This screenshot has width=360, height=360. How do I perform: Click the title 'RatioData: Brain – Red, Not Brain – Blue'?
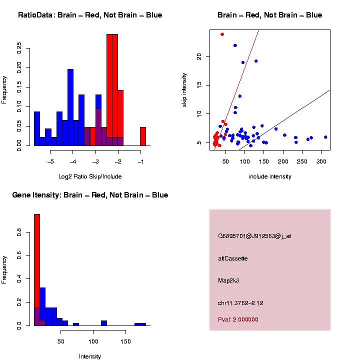click(x=90, y=15)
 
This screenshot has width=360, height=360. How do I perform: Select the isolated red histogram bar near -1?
click(x=143, y=136)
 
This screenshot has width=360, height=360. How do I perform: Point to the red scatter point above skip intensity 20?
click(x=222, y=34)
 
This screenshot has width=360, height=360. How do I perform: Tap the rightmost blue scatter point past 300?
click(x=325, y=137)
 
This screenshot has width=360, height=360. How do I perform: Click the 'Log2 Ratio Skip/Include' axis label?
click(x=90, y=176)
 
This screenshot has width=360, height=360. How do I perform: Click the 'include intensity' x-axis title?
click(x=270, y=176)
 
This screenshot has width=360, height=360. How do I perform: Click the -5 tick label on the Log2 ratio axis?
click(x=50, y=161)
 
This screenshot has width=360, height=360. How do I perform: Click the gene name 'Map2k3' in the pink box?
click(x=228, y=280)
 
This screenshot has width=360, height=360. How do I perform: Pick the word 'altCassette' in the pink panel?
click(x=232, y=258)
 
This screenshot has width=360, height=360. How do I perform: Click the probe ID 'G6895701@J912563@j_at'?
click(x=254, y=236)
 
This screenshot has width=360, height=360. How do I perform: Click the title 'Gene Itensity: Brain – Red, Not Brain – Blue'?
click(x=90, y=195)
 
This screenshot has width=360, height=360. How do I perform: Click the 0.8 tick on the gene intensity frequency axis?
click(x=19, y=232)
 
